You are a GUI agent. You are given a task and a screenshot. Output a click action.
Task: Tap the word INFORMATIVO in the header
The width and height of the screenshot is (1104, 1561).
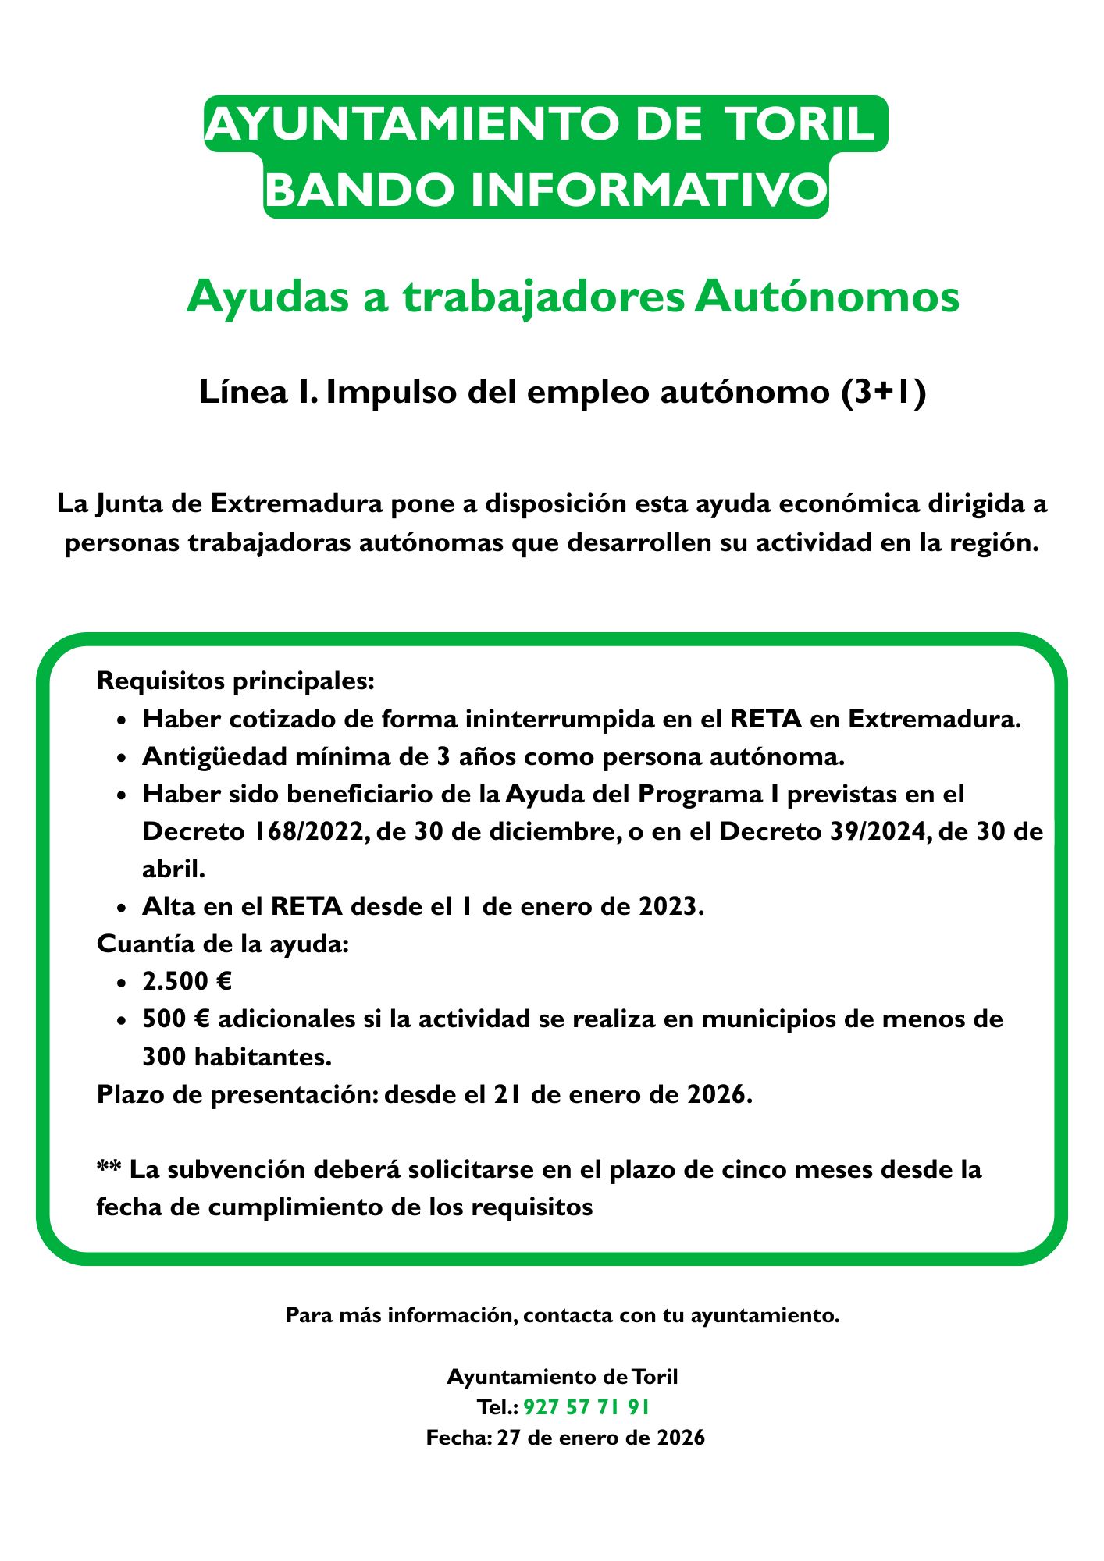click(x=647, y=190)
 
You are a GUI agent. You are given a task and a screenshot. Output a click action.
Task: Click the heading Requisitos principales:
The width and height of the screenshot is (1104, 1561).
click(x=236, y=681)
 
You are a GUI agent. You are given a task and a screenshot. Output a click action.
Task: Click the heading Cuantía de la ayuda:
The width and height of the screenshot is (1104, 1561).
click(x=223, y=944)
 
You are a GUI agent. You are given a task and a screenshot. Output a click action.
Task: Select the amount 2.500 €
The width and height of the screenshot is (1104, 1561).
click(x=187, y=981)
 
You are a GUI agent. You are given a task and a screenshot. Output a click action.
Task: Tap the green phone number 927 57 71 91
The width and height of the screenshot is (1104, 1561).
click(x=586, y=1407)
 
